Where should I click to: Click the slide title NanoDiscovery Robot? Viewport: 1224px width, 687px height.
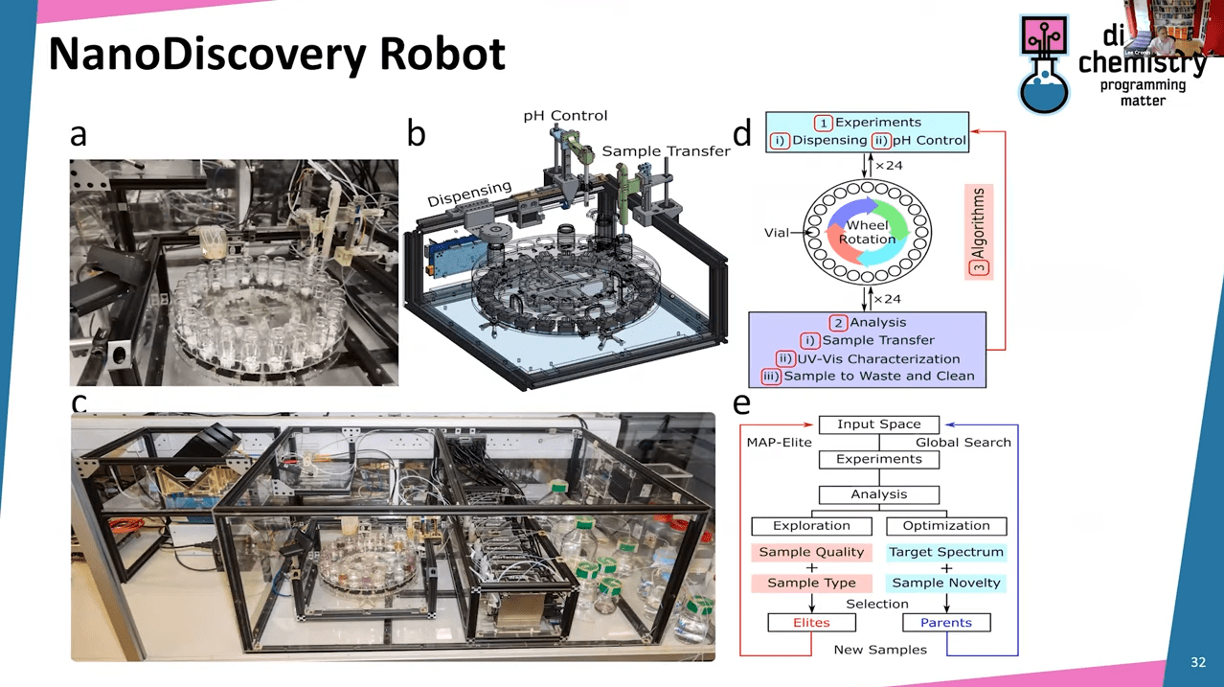click(x=276, y=55)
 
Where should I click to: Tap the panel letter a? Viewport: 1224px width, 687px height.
click(x=79, y=135)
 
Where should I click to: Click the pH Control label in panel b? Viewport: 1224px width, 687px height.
click(x=565, y=116)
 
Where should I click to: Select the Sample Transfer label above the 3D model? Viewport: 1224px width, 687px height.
click(x=666, y=151)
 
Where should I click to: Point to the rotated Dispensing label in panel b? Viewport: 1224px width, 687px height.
click(x=469, y=195)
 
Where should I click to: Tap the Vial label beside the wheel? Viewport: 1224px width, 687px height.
click(x=778, y=232)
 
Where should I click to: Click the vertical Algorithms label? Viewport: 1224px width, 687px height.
click(x=980, y=231)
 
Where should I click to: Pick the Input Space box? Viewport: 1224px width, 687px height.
click(x=878, y=424)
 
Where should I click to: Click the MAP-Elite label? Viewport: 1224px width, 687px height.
click(x=779, y=442)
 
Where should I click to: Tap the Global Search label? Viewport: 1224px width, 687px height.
click(x=963, y=442)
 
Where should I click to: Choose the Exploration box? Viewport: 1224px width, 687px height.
click(x=811, y=526)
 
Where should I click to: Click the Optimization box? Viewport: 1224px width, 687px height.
click(x=945, y=526)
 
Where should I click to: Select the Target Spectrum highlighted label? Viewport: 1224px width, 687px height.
click(x=945, y=552)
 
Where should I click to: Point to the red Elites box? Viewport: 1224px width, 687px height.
click(x=811, y=623)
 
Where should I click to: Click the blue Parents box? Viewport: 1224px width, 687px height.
click(x=945, y=623)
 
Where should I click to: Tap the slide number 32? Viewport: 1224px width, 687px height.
click(x=1198, y=663)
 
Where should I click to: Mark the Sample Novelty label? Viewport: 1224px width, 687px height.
click(x=945, y=583)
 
